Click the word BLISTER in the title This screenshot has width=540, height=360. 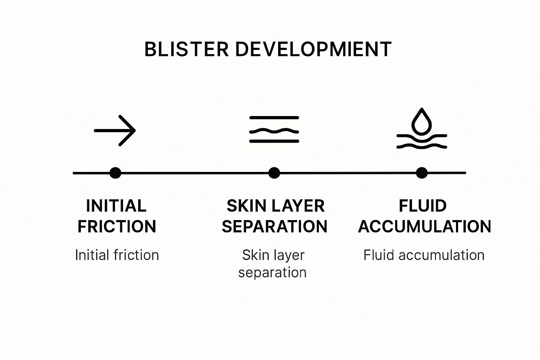tap(186, 49)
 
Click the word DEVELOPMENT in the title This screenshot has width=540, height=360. tap(313, 49)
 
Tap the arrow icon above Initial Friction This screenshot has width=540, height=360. tap(115, 130)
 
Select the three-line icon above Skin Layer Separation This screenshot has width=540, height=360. tap(274, 129)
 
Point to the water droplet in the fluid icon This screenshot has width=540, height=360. tap(421, 121)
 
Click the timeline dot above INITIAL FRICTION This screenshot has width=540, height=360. tap(115, 173)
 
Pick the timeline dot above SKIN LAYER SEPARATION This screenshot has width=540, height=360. tap(274, 173)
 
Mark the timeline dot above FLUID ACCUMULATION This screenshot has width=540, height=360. tap(422, 173)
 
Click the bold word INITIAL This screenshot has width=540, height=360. tap(116, 206)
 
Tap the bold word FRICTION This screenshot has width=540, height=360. tap(117, 227)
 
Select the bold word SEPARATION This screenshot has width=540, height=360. tap(274, 227)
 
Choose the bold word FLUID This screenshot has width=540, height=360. tap(423, 206)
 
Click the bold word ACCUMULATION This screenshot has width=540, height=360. tap(425, 227)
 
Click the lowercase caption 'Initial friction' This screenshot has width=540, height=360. tap(117, 255)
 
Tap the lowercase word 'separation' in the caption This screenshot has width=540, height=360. tap(272, 273)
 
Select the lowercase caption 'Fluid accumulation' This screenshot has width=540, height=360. tap(424, 255)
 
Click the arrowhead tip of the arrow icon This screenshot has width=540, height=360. tap(135, 130)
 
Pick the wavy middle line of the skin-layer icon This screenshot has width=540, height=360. tap(274, 131)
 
